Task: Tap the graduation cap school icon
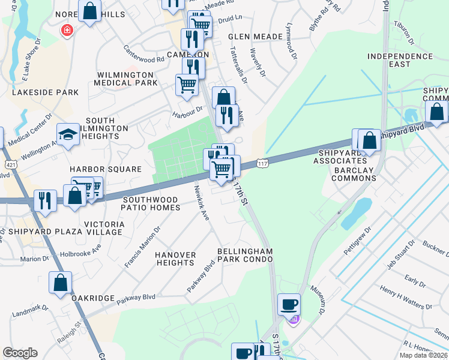coord(68,136)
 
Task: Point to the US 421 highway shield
coord(10,164)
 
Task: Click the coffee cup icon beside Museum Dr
coord(289,304)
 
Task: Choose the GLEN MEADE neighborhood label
coord(255,37)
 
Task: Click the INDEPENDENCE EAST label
coord(400,60)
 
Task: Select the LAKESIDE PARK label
coord(46,92)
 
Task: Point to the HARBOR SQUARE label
coord(105,170)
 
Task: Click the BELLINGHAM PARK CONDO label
coord(245,255)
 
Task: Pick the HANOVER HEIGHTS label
coord(175,259)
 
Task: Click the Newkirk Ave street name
coord(200,202)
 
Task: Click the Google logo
coord(20,353)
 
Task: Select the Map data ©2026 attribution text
coord(423,355)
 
